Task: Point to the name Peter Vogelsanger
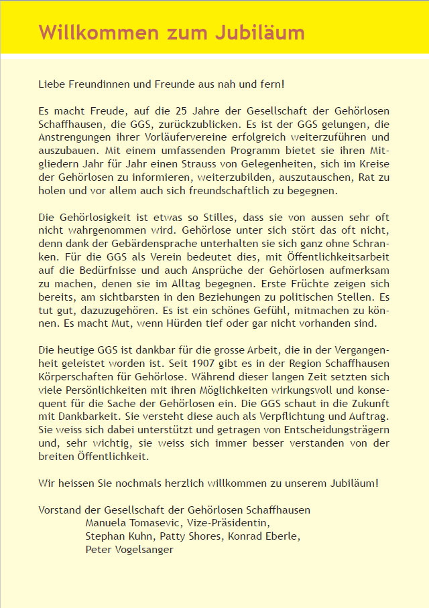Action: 129,550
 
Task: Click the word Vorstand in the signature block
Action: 60,510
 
